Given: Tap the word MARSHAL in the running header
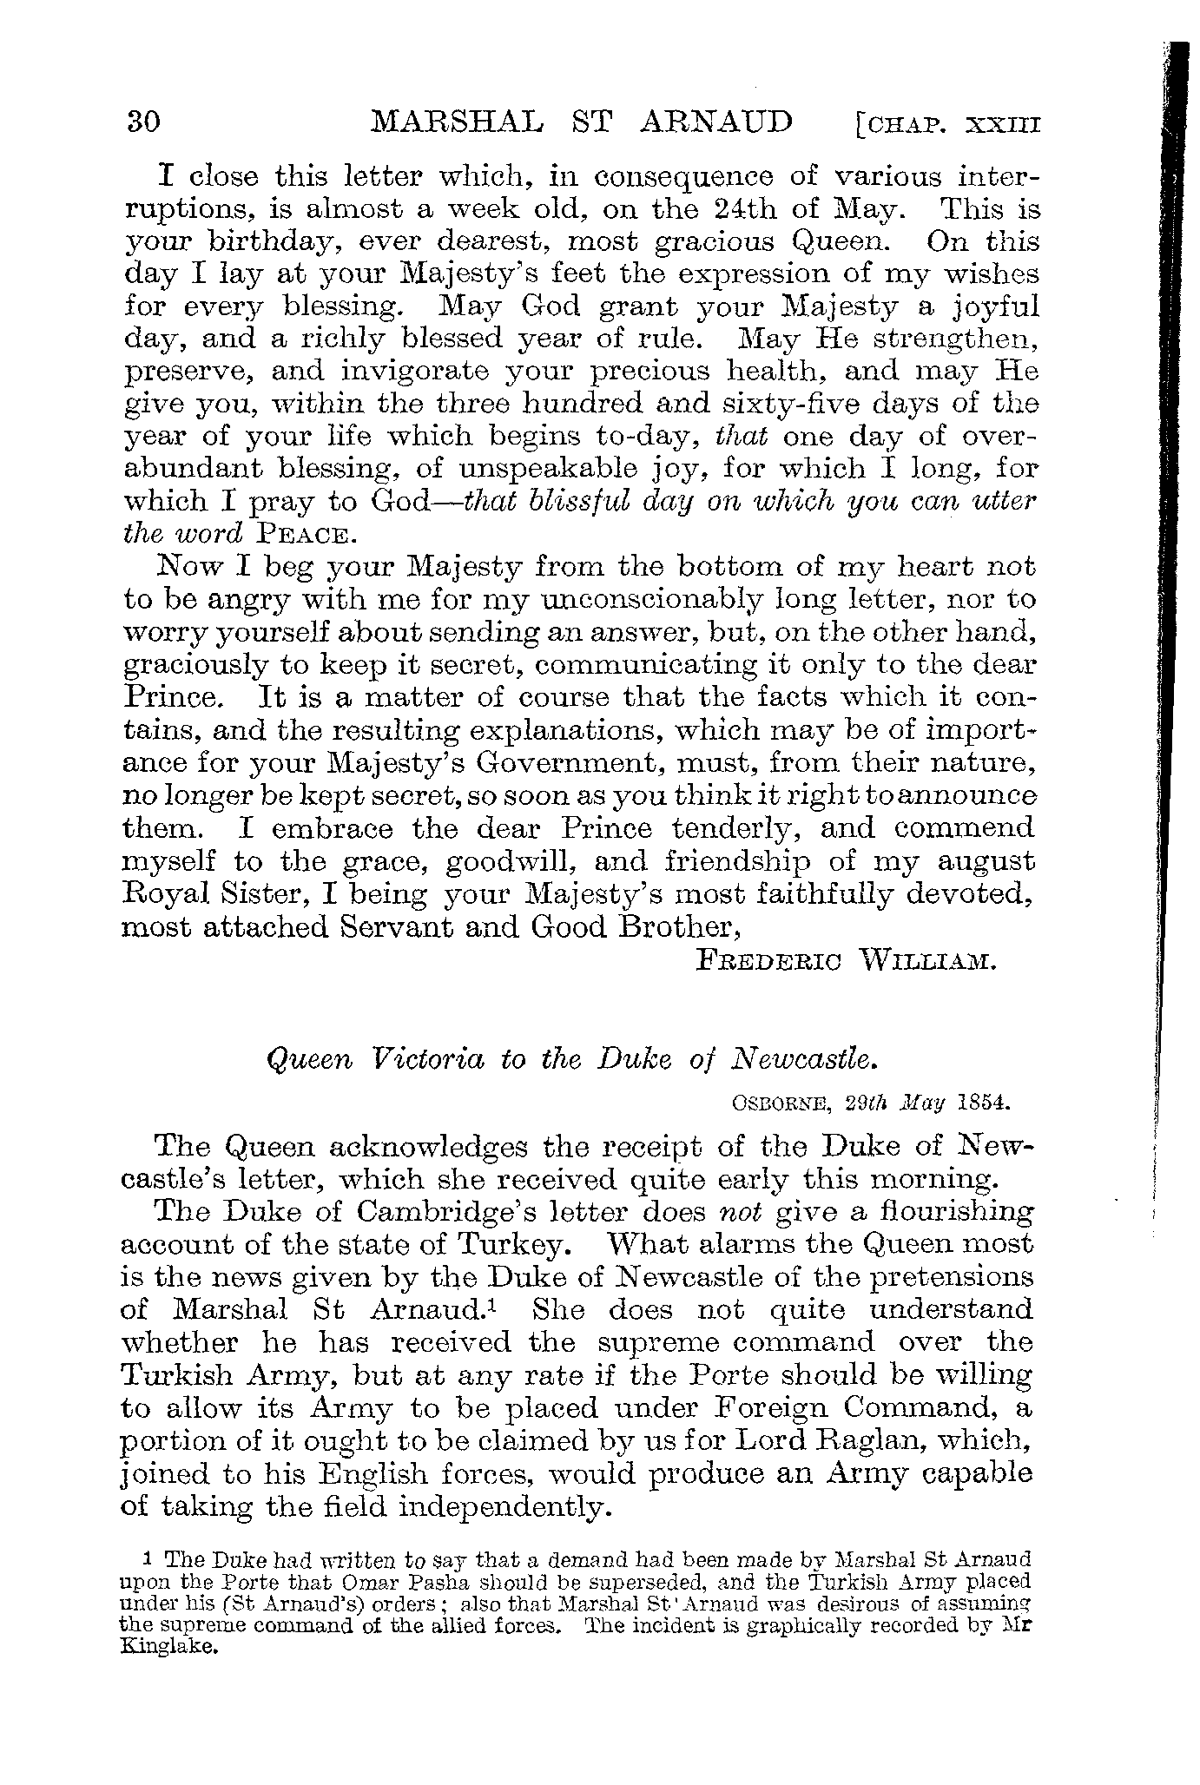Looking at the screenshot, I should tap(457, 121).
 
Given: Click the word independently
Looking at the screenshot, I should tap(505, 1506).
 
